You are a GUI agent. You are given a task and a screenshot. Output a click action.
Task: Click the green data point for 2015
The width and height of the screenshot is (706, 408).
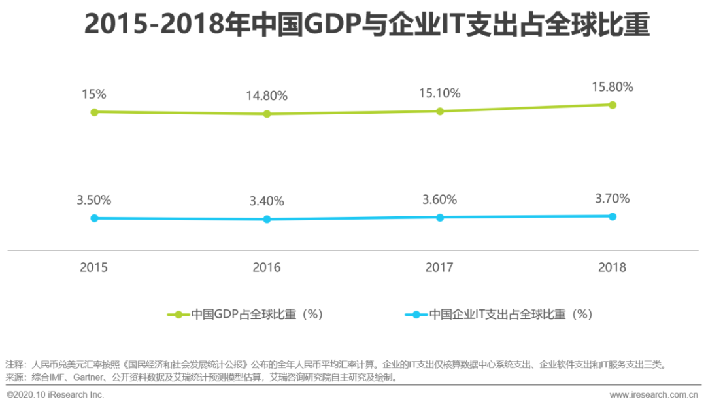94,112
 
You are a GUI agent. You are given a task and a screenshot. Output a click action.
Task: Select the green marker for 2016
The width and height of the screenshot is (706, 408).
267,114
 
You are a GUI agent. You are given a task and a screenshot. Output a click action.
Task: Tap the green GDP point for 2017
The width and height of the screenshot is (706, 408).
440,111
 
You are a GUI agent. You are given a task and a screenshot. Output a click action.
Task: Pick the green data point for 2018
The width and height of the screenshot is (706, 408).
613,105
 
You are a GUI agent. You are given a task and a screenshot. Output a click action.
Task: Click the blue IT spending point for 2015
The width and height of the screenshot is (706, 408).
94,218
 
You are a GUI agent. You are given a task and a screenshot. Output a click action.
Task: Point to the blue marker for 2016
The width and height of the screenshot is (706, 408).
267,219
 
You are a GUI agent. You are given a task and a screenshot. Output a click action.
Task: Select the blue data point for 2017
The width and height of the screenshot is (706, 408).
440,217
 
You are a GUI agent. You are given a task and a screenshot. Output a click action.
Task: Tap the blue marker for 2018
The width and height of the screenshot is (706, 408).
613,216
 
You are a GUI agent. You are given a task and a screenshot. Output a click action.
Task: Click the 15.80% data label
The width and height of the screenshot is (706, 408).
613,86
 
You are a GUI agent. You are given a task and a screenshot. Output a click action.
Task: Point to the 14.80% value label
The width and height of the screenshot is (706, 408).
267,95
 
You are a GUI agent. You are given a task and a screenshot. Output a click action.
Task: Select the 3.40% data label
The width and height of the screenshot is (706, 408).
267,201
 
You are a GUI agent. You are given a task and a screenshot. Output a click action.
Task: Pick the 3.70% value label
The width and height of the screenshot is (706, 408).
613,198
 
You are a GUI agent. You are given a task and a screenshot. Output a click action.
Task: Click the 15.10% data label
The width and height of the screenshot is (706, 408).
440,93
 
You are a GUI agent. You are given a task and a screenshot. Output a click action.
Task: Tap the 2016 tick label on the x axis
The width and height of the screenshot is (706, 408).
267,267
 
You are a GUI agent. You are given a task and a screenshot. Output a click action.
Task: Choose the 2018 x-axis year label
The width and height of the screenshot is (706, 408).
613,267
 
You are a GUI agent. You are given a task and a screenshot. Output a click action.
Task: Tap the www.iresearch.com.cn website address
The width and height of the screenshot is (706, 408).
654,395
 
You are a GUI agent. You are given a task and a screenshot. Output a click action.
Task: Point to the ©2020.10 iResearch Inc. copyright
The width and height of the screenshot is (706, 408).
56,395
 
